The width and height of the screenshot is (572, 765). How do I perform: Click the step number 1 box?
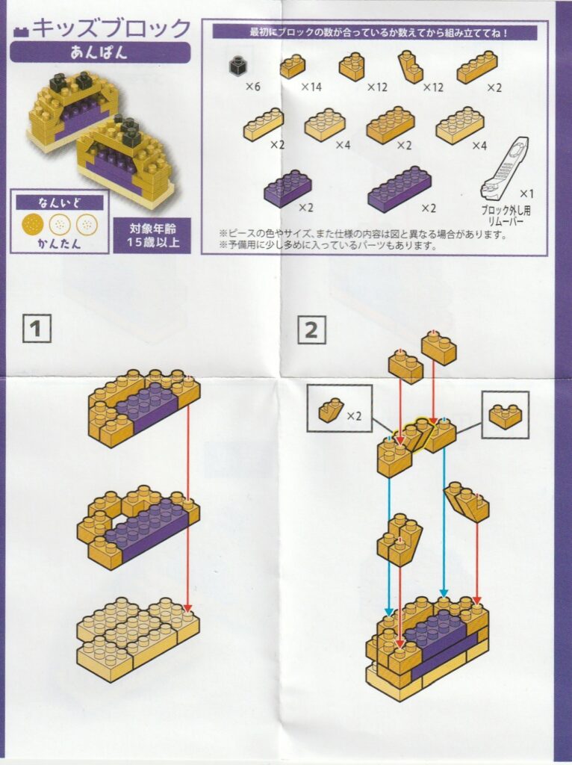(37, 329)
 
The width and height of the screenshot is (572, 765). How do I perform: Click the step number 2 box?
(311, 329)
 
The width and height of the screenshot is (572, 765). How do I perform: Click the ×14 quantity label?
(311, 87)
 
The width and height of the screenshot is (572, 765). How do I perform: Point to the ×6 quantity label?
(252, 87)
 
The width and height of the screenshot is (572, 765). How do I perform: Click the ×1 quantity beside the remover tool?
(526, 193)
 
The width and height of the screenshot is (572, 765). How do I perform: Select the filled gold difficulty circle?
(33, 224)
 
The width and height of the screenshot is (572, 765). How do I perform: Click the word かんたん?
(60, 244)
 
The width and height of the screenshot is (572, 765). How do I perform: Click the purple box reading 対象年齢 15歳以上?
(152, 235)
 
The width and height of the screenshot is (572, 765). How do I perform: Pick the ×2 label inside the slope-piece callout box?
(354, 415)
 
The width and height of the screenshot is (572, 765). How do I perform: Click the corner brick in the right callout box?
(506, 415)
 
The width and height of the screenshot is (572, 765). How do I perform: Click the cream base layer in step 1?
(138, 639)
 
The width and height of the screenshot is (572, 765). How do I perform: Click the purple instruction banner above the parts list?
(375, 32)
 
